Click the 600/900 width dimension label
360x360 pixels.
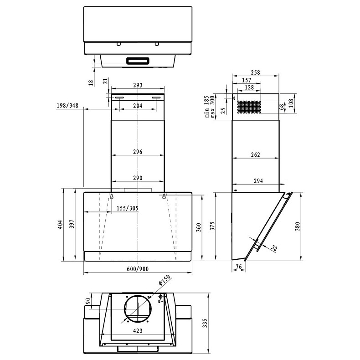click(x=138, y=269)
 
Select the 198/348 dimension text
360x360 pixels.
click(x=67, y=106)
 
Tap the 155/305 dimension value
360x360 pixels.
click(x=127, y=208)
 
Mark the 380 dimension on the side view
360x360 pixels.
click(x=297, y=226)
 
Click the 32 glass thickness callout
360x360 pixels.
click(x=274, y=248)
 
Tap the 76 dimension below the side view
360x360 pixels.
click(x=238, y=266)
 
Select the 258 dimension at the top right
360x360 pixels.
click(x=255, y=73)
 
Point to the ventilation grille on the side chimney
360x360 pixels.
click(x=248, y=107)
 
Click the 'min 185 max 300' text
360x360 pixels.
click(x=210, y=107)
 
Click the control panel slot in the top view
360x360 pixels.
click(x=138, y=60)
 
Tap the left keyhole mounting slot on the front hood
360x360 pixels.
click(x=111, y=196)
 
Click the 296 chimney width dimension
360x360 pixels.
click(x=138, y=152)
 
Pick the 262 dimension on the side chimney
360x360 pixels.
click(x=255, y=155)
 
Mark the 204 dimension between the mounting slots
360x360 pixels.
click(x=138, y=106)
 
